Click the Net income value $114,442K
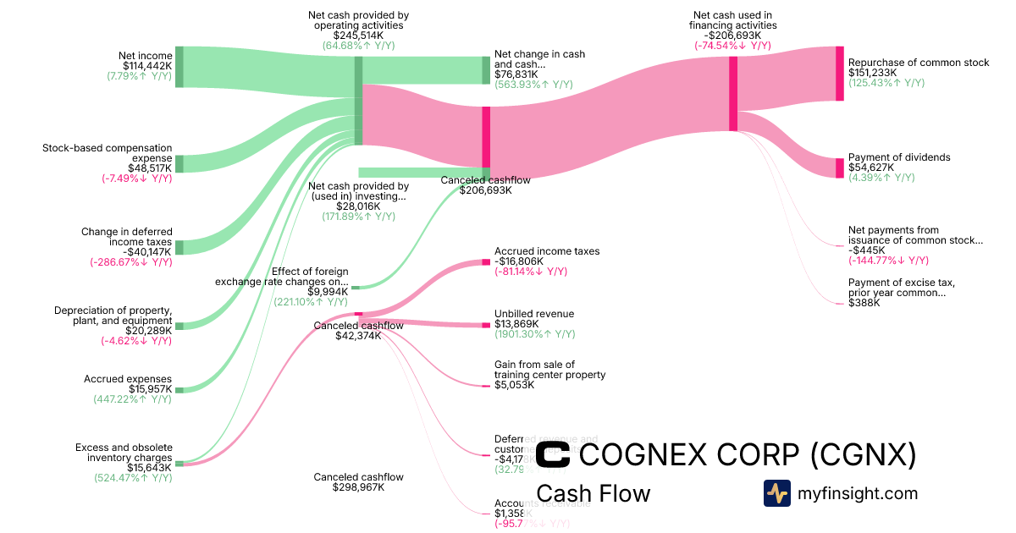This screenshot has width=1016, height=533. [147, 66]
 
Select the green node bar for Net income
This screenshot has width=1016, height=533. [179, 67]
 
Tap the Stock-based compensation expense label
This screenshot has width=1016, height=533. [108, 153]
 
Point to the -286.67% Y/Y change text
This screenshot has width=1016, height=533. [131, 262]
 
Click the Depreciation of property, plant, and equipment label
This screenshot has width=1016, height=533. [113, 316]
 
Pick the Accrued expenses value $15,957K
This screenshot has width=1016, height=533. [151, 389]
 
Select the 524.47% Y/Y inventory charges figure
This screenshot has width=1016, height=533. [133, 477]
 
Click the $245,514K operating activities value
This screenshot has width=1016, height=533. [358, 36]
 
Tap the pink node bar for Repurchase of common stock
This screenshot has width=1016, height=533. [839, 74]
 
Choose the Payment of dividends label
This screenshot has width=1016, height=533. [899, 157]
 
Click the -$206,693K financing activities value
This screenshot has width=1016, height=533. [732, 36]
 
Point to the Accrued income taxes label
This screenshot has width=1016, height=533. [547, 251]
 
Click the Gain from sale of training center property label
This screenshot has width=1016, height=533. [549, 370]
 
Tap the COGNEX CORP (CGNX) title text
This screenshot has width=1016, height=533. [748, 455]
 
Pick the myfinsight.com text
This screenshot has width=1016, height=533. [858, 493]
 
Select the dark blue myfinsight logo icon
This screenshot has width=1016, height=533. [776, 493]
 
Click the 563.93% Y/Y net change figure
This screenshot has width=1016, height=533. [533, 85]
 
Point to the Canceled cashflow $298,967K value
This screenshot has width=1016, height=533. [358, 487]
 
